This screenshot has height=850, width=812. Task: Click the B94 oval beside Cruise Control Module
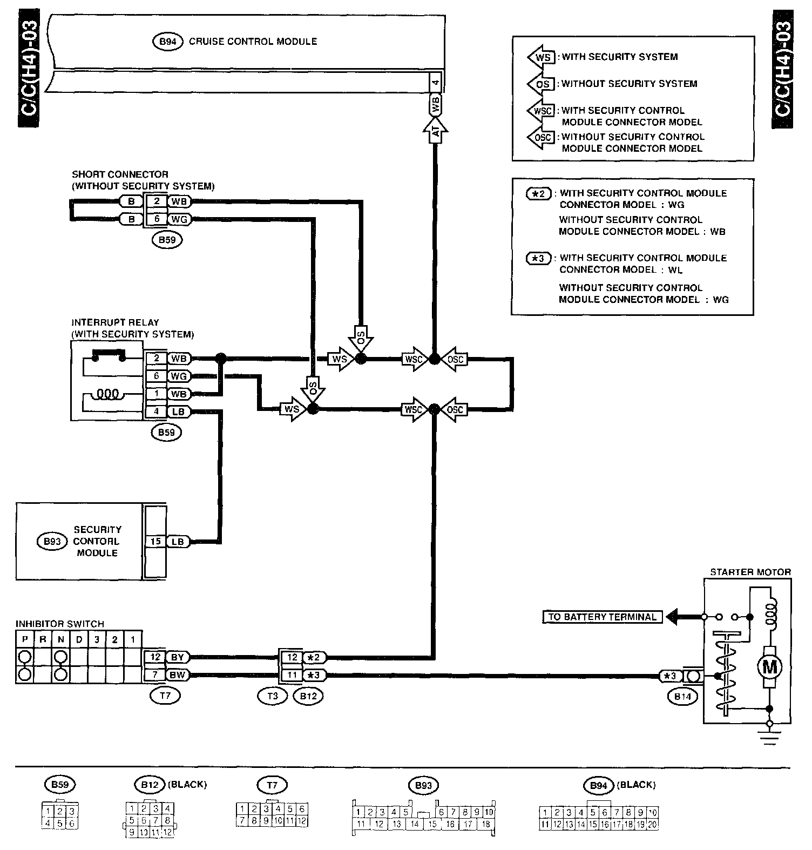click(x=168, y=42)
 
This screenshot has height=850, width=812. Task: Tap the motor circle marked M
click(x=769, y=667)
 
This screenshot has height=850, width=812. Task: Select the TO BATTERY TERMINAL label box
click(x=602, y=617)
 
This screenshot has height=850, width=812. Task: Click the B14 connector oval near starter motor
click(x=682, y=696)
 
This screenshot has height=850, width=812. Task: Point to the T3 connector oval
click(x=273, y=696)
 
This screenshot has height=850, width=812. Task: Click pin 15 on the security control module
click(x=155, y=542)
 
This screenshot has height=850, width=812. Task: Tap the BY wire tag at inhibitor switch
click(x=177, y=657)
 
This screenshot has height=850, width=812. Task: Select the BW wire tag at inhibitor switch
click(x=177, y=675)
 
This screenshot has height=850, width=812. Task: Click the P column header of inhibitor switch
click(x=24, y=640)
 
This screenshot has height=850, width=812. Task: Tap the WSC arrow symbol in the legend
click(x=541, y=111)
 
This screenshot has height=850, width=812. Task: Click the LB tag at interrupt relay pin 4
click(x=178, y=411)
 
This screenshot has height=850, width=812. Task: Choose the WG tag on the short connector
click(x=178, y=220)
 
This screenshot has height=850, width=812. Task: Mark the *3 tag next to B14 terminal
click(x=669, y=676)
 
